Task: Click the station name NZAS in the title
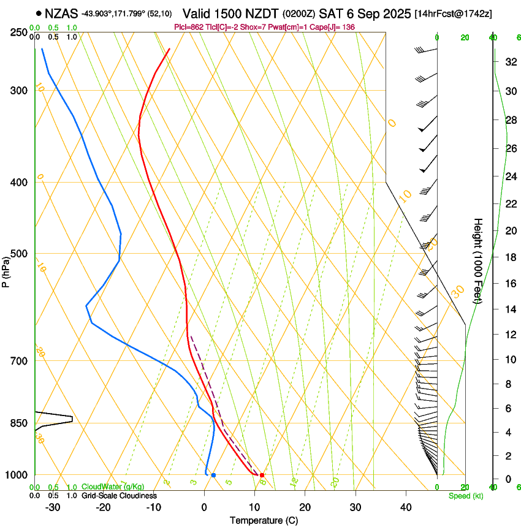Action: [61, 13]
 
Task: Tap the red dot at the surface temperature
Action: [262, 475]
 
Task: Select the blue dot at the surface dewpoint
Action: [213, 475]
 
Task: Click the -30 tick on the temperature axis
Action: [53, 507]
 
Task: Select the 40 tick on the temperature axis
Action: [405, 507]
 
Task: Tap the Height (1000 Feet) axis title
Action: [479, 260]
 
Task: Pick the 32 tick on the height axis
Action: [509, 61]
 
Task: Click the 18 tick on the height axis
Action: [509, 257]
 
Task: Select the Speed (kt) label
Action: [465, 496]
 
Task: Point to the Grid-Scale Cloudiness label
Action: [119, 496]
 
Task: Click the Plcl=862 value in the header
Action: [191, 26]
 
